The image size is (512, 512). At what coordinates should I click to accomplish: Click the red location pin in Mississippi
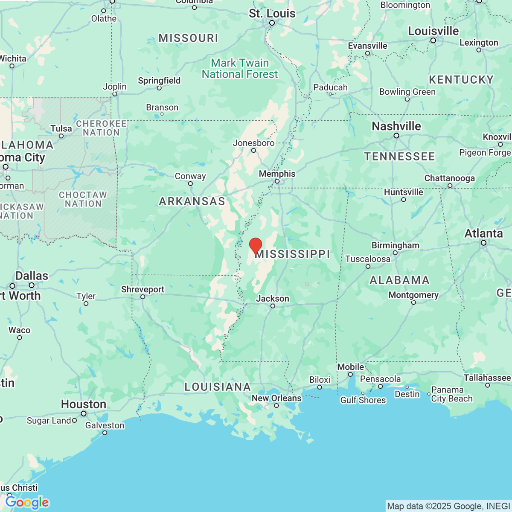click(x=256, y=246)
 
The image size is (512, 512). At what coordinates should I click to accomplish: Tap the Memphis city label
click(x=277, y=174)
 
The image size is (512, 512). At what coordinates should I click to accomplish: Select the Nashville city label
click(x=396, y=126)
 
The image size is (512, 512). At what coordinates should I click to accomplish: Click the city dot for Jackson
click(x=273, y=306)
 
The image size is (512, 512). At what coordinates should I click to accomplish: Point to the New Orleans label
click(x=276, y=398)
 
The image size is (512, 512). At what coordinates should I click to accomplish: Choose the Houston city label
click(x=83, y=404)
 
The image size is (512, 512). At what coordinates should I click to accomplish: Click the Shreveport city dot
click(x=143, y=297)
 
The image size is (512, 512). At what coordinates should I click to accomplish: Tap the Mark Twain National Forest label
click(x=240, y=69)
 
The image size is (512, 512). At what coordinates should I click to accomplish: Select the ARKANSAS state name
click(x=192, y=201)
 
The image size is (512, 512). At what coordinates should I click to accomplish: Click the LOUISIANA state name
click(x=218, y=387)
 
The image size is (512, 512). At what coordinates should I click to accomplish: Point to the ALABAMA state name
click(x=399, y=280)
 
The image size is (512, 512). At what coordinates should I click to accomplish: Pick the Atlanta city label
click(x=483, y=234)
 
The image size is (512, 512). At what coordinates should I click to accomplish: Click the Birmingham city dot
click(x=395, y=253)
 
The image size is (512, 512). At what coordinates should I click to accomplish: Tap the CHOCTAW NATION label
click(x=83, y=199)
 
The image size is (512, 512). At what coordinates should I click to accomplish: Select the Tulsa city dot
click(x=61, y=136)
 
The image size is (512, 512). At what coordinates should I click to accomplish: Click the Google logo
click(x=27, y=502)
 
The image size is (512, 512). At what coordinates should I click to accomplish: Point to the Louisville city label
click(x=433, y=31)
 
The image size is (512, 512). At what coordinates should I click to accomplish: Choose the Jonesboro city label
click(x=253, y=143)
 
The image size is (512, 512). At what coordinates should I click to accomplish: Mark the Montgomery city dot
click(x=413, y=303)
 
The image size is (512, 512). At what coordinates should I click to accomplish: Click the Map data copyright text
click(x=448, y=506)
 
